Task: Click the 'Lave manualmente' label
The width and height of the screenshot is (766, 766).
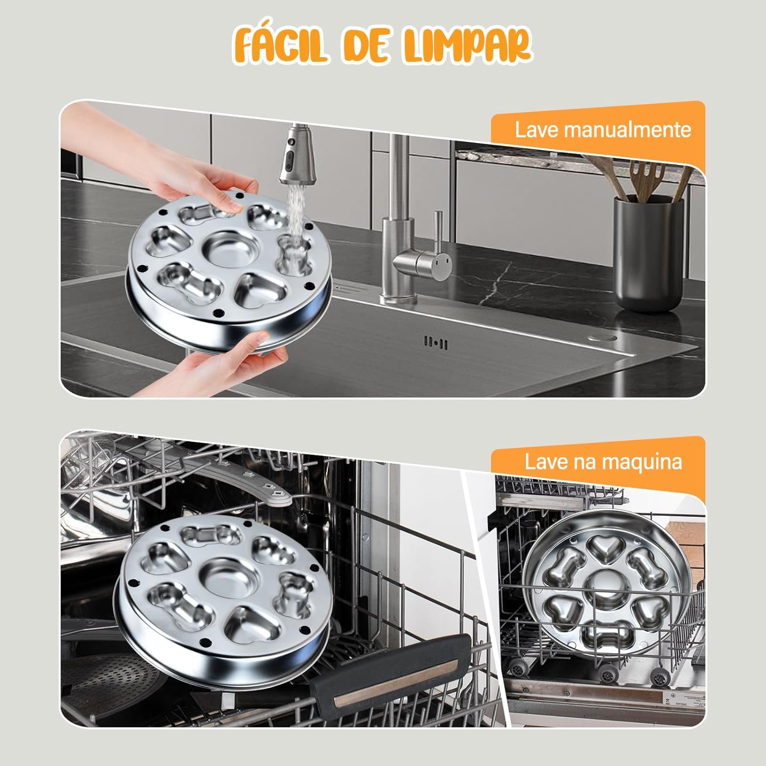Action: (603, 130)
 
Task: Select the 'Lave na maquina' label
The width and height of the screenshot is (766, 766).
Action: (604, 462)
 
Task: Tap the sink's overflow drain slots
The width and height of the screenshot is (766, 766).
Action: (436, 342)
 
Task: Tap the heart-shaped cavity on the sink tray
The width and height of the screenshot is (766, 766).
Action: (261, 290)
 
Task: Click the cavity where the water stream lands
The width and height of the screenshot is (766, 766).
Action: (294, 251)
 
